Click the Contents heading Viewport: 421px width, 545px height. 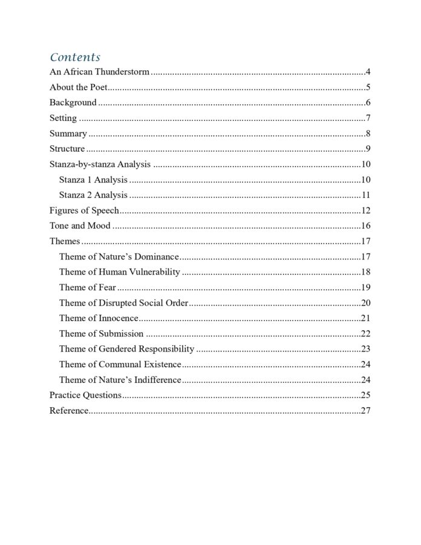coord(75,57)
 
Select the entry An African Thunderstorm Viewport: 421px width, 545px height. coord(99,72)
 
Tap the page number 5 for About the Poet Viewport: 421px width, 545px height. coord(368,87)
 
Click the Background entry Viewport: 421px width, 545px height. coord(73,103)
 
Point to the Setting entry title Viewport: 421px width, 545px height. coord(63,118)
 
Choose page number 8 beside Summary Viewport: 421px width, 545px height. coord(368,134)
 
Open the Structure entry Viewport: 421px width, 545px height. coord(67,149)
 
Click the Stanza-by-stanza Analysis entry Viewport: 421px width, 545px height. coord(100,164)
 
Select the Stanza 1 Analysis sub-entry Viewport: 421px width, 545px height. coord(93,180)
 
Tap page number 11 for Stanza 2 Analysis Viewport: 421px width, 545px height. coord(365,195)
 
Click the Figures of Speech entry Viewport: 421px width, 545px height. coord(84,210)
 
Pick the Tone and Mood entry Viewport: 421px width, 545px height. coord(80,226)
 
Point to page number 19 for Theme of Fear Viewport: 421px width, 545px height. coord(365,287)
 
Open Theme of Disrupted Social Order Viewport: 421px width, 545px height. coord(123,302)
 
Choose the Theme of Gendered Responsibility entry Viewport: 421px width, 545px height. coord(126,348)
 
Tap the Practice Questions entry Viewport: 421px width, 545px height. coord(85,395)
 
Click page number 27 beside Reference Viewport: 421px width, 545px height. coord(365,411)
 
